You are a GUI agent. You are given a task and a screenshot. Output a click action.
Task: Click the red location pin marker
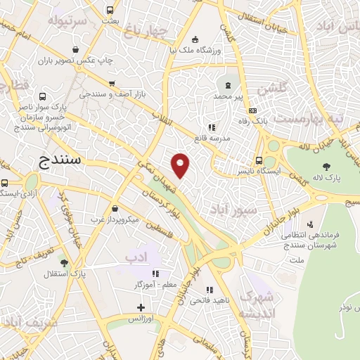[x=181, y=164]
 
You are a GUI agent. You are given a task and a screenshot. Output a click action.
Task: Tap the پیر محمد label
[x=228, y=94]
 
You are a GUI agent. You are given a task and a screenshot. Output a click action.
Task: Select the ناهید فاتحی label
[x=209, y=301]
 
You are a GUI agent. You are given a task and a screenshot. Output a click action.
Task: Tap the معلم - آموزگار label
[x=155, y=285]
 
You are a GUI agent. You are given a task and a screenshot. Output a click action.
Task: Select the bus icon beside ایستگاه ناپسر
[x=259, y=160]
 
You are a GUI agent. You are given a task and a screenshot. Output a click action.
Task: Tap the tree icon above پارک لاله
[x=328, y=166]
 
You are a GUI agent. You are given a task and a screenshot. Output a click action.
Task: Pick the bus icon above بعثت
[x=110, y=11]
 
